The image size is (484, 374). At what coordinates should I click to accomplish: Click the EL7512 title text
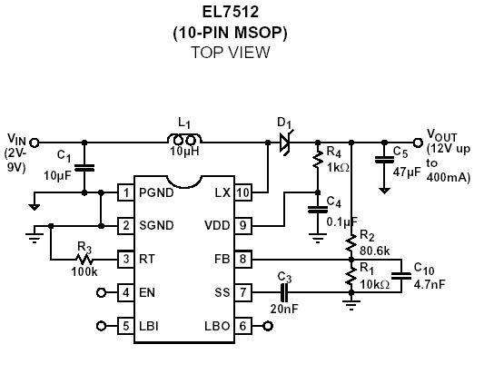[230, 12]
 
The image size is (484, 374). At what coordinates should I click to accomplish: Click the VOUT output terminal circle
[418, 142]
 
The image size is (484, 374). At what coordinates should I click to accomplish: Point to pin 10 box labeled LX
[242, 192]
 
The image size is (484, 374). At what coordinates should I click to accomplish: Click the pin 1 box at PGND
[126, 192]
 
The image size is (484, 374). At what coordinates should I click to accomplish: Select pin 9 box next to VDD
[242, 225]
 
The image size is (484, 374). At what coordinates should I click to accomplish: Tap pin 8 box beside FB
[242, 259]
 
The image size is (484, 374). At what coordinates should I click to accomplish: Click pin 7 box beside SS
[242, 291]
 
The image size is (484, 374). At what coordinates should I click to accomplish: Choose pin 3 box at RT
[126, 259]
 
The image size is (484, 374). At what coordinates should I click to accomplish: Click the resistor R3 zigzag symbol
[84, 259]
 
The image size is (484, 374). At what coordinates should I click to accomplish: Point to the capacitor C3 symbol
[283, 291]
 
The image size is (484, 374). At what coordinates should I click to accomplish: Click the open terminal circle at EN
[101, 291]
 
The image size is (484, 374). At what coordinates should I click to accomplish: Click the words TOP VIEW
[230, 53]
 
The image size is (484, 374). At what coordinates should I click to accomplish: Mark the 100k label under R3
[84, 272]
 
